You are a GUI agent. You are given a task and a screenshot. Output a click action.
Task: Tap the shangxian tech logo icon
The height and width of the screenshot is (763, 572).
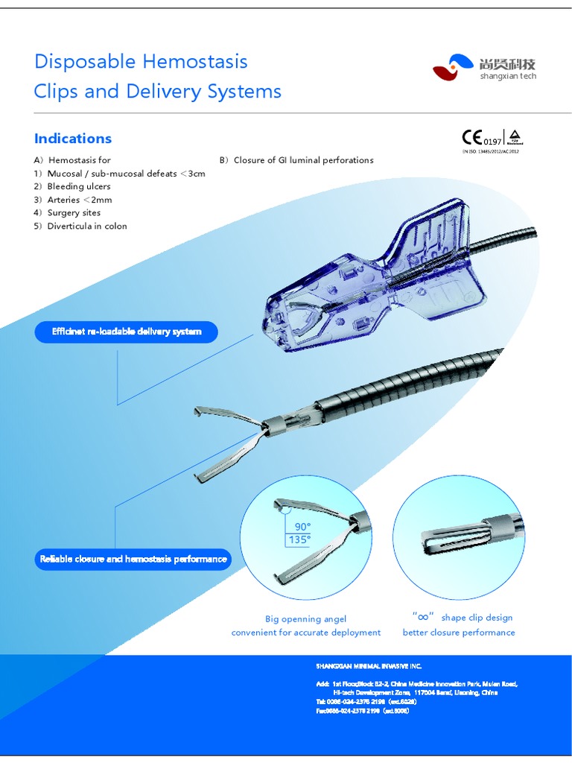click(453, 67)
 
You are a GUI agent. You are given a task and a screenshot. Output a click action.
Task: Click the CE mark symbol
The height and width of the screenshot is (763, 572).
click(472, 138)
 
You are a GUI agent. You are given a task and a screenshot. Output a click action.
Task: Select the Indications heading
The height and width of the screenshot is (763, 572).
click(73, 139)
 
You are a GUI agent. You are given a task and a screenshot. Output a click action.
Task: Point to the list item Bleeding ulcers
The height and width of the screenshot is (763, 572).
click(78, 186)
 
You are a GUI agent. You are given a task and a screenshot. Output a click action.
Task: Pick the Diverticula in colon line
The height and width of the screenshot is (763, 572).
click(86, 226)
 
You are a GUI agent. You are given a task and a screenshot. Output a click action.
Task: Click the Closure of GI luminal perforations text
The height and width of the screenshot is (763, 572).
click(303, 160)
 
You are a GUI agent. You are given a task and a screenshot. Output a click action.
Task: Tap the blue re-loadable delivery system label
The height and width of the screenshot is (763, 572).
click(127, 332)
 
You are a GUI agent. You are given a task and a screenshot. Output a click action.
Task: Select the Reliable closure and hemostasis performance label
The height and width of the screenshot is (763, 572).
click(133, 559)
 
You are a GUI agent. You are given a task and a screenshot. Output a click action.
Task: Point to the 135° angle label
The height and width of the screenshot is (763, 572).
click(299, 539)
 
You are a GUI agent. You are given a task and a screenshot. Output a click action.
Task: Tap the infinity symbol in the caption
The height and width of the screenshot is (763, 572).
click(422, 617)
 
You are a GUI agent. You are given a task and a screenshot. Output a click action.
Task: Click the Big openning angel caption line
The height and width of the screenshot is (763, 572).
click(305, 618)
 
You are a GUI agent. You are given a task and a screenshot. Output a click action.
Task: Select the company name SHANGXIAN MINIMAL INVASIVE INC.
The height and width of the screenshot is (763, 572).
click(369, 665)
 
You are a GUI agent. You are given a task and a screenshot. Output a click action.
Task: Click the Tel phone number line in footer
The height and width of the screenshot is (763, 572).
click(366, 702)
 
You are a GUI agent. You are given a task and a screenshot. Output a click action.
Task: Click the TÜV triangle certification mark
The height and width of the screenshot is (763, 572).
click(515, 137)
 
